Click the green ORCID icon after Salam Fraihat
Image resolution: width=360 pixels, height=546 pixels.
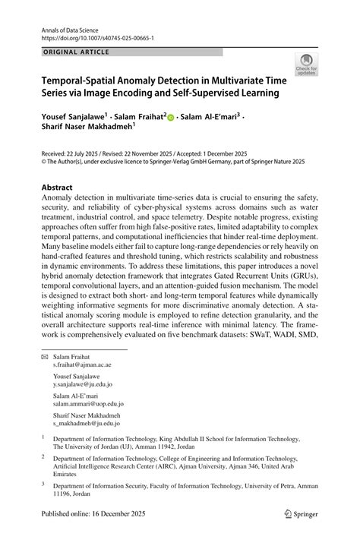pyautogui.click(x=171, y=118)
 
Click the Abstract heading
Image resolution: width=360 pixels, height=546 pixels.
pyautogui.click(x=57, y=187)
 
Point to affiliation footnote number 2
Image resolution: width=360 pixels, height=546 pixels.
pyautogui.click(x=43, y=458)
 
